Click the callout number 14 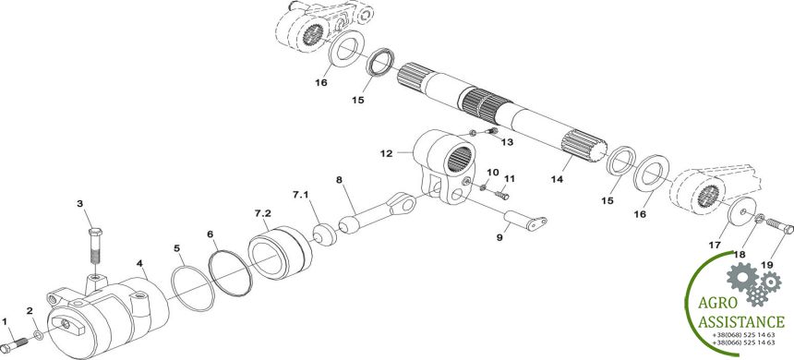(557, 179)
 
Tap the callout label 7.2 (263, 213)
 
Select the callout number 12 (386, 153)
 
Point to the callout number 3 (80, 204)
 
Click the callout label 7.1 (300, 194)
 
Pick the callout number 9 (499, 237)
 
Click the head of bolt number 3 (95, 233)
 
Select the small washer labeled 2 (39, 334)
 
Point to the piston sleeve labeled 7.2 (280, 252)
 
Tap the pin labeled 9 (525, 221)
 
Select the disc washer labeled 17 (742, 211)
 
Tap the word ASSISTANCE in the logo (742, 322)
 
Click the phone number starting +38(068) (743, 335)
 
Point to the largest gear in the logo (742, 276)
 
